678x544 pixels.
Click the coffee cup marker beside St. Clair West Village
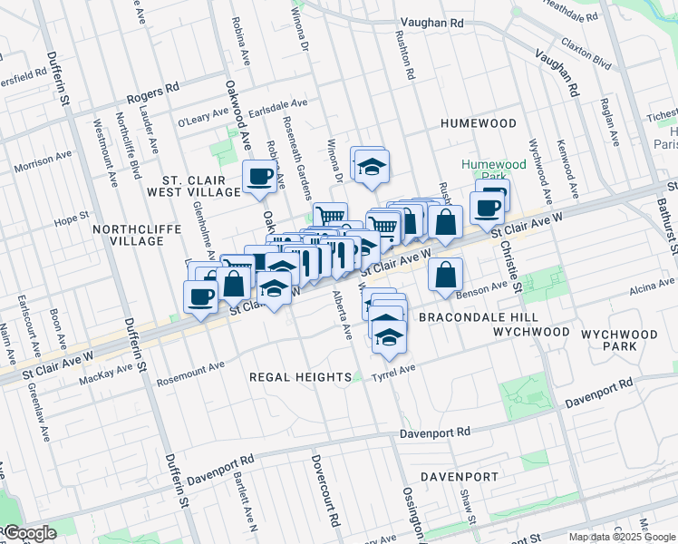pyautogui.click(x=259, y=176)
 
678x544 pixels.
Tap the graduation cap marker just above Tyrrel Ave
pyautogui.click(x=389, y=337)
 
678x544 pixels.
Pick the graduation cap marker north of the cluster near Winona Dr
pyautogui.click(x=370, y=167)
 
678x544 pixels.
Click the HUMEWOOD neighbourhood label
pyautogui.click(x=479, y=123)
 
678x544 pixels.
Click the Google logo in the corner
pyautogui.click(x=29, y=533)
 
